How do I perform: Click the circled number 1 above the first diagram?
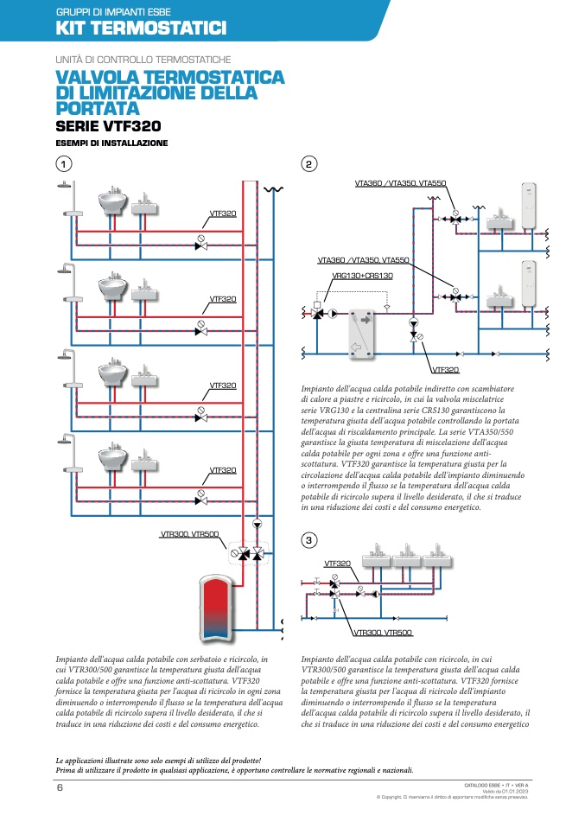point(63,162)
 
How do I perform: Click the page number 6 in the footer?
point(60,787)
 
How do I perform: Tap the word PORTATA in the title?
point(97,108)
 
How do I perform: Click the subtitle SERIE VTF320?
point(107,126)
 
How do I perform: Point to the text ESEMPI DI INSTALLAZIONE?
point(111,143)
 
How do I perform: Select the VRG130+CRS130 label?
point(363,276)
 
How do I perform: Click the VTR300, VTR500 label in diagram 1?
point(188,533)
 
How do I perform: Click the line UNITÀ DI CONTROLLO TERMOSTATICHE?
point(143,60)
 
